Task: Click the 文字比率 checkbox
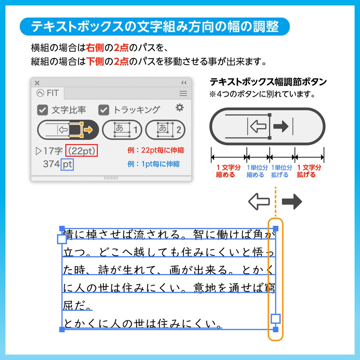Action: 43,110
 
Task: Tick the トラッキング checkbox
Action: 104,110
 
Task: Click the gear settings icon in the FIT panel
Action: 180,108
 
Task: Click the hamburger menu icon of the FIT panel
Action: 183,94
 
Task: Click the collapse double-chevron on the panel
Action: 184,83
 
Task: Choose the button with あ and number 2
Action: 165,130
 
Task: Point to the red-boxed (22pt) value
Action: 82,151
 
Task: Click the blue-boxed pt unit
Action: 67,164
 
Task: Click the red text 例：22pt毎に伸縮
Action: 155,150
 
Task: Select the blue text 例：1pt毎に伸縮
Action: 154,164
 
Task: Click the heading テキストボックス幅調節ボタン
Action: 268,82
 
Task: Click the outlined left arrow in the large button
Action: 258,127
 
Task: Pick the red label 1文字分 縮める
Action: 228,171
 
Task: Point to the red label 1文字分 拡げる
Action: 309,171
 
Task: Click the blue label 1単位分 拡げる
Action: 281,171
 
